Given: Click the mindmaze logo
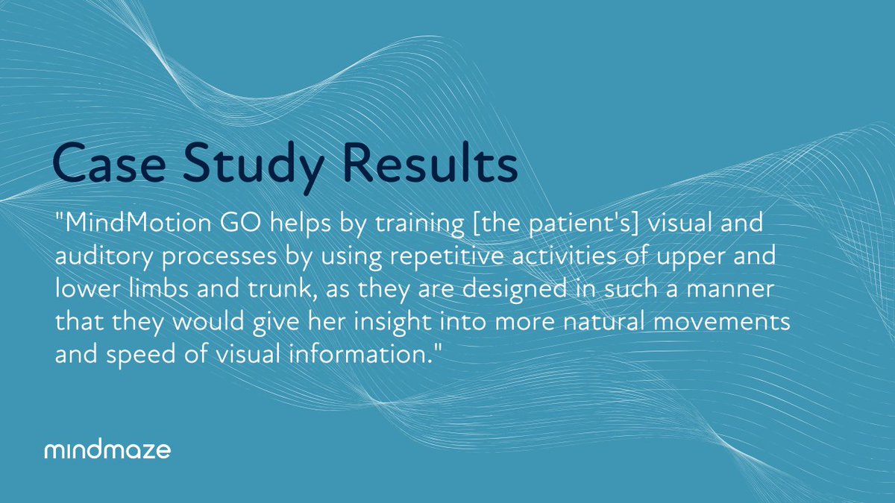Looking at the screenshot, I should point(107,450).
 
